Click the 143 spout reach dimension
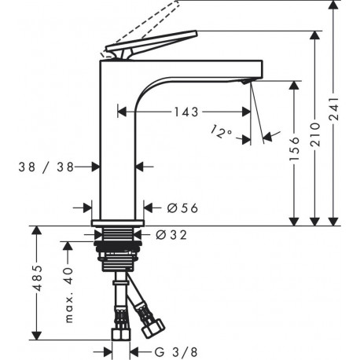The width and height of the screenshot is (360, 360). pos(186,112)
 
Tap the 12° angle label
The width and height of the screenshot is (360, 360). pos(221,131)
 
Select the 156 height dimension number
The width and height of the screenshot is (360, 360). pos(295,149)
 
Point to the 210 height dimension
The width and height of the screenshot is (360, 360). pos(314,134)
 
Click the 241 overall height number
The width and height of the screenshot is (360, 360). pos(333,108)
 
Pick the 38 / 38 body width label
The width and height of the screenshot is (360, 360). pos(46,167)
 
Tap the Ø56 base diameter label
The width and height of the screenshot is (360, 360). pos(182,208)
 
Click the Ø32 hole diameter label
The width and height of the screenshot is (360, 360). pos(171,235)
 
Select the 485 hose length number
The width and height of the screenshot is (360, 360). pos(38,278)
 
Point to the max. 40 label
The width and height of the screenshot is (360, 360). pos(68,295)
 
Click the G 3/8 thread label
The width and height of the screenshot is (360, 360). pos(176,352)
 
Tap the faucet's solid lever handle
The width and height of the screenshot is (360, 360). pos(151,43)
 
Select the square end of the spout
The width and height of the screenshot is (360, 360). pos(257,68)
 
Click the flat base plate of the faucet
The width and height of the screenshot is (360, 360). pos(118,222)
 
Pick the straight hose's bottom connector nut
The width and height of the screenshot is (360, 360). pos(121,335)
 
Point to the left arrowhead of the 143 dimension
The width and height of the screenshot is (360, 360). pos(122,112)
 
